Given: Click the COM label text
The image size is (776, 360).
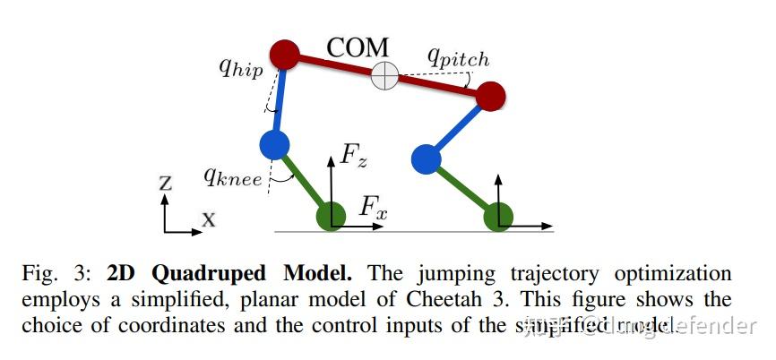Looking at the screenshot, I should pos(358,47).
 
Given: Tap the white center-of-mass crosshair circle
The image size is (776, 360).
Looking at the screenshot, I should pos(384,76).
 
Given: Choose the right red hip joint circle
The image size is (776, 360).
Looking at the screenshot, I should pos(491,95).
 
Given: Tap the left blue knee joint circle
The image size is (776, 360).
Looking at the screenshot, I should pos(273,143).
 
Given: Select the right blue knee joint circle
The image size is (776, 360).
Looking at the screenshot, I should pos(426,159).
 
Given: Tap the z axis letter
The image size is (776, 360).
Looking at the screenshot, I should pos(165,184).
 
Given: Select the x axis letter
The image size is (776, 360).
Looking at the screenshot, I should pos(208,218).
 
